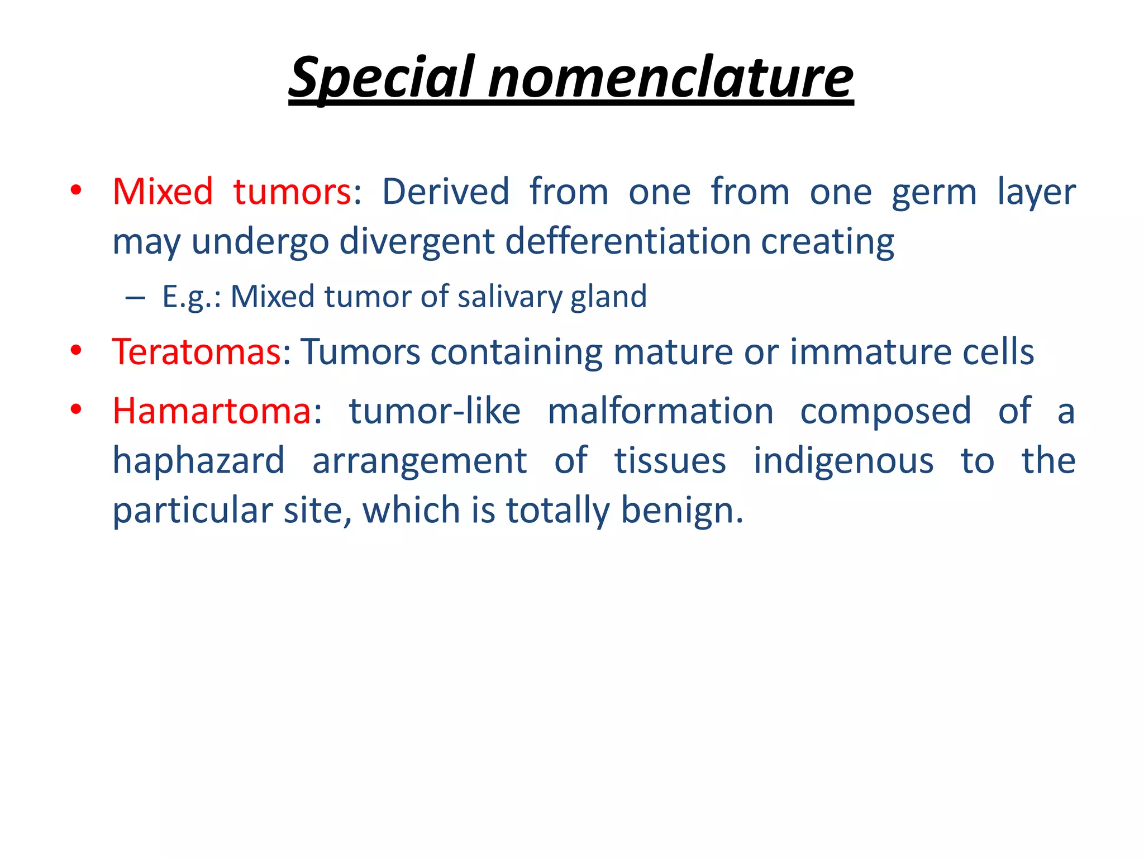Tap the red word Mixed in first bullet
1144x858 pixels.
163,192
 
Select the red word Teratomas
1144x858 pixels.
196,352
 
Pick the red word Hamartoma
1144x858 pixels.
212,411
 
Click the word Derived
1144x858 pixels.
445,192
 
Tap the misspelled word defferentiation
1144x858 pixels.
628,241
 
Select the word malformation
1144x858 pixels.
660,411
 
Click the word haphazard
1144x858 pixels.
198,461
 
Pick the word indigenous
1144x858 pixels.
843,461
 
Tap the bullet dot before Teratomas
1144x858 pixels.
77,351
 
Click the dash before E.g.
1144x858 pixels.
135,297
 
